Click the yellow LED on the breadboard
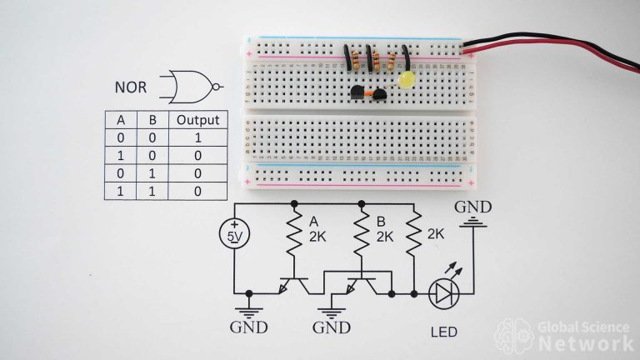coord(407,81)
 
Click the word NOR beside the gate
coord(132,87)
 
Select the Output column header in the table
coord(197,120)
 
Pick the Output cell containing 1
coord(197,137)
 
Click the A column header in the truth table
coord(120,120)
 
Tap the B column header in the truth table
coord(152,120)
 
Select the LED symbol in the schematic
coord(443,293)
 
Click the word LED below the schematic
coord(443,331)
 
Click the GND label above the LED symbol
coord(472,207)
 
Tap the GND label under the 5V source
coord(249,327)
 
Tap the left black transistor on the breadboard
coord(359,95)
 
